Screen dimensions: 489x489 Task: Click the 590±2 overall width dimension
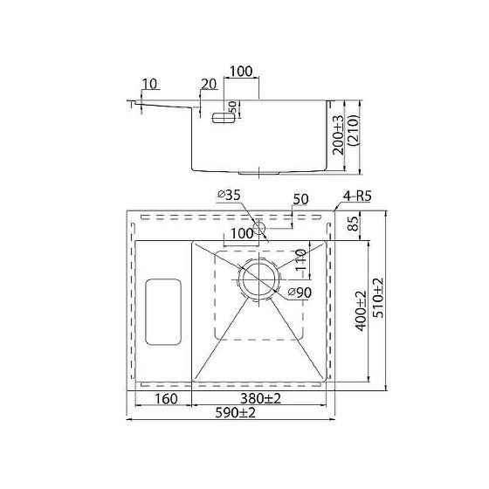tap(235, 413)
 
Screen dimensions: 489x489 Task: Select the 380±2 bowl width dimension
tap(260, 398)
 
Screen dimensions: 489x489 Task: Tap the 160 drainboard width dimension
tap(166, 399)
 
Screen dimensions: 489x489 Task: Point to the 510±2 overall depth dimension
tap(378, 298)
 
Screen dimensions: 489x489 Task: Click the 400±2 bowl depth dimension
tap(361, 311)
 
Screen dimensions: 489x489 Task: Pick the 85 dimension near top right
tap(354, 224)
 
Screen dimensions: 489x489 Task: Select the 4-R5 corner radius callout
tap(357, 196)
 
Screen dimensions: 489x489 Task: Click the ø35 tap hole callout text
tap(229, 196)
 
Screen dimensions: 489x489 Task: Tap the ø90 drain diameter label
tap(300, 293)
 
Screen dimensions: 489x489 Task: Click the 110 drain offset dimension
tap(300, 260)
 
